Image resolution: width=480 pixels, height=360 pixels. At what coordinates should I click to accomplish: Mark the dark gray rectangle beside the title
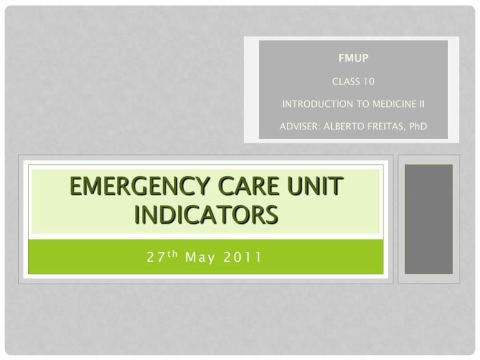(x=428, y=219)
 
